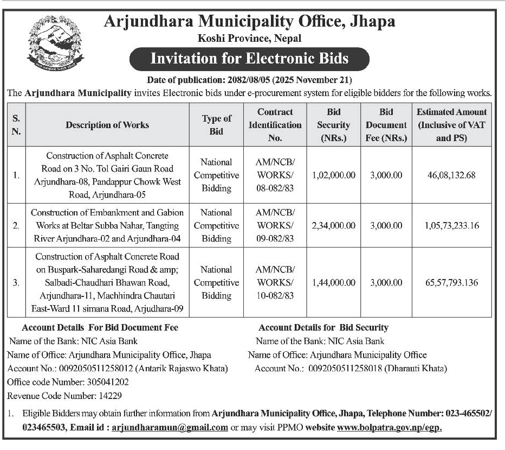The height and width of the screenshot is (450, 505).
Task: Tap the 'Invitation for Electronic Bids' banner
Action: pyautogui.click(x=249, y=59)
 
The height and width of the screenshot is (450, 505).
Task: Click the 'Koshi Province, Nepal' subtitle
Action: pyautogui.click(x=249, y=38)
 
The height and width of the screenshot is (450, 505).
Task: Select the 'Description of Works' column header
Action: pyautogui.click(x=107, y=125)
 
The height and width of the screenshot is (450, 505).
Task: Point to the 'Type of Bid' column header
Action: pyautogui.click(x=216, y=125)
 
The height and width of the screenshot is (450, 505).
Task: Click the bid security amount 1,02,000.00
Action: pyautogui.click(x=334, y=175)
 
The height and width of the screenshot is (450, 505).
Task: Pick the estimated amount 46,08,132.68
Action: pyautogui.click(x=451, y=175)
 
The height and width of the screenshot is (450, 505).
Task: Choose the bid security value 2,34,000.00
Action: pyautogui.click(x=334, y=225)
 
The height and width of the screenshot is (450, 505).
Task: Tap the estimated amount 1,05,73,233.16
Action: pyautogui.click(x=451, y=225)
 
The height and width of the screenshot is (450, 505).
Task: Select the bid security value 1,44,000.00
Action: pyautogui.click(x=334, y=282)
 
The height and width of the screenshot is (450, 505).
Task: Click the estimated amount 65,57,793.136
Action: pyautogui.click(x=451, y=282)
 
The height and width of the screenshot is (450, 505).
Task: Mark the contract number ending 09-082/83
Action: pyautogui.click(x=275, y=225)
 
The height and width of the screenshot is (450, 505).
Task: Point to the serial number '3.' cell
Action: pyautogui.click(x=16, y=282)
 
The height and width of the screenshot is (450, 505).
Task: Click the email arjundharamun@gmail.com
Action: pyautogui.click(x=170, y=427)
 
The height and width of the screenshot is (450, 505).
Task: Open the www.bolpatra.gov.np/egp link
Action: pyautogui.click(x=390, y=427)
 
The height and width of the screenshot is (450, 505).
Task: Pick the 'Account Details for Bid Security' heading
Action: pyautogui.click(x=323, y=327)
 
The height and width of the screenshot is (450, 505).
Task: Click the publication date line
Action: pyautogui.click(x=249, y=80)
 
